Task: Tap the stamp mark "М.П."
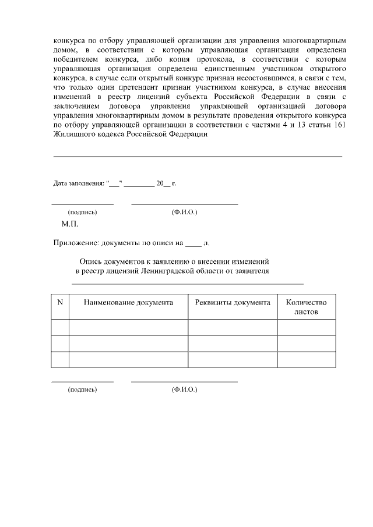(x=70, y=224)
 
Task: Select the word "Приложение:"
(x=74, y=243)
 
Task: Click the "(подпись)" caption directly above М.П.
(x=82, y=212)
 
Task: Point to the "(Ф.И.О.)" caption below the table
(x=184, y=389)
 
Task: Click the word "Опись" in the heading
(x=90, y=262)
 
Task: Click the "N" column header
(x=60, y=303)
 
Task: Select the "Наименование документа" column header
(x=128, y=303)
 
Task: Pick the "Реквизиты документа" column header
(x=233, y=303)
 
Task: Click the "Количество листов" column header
(x=306, y=307)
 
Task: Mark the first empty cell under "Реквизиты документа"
(x=233, y=327)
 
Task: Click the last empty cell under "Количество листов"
(x=306, y=359)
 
